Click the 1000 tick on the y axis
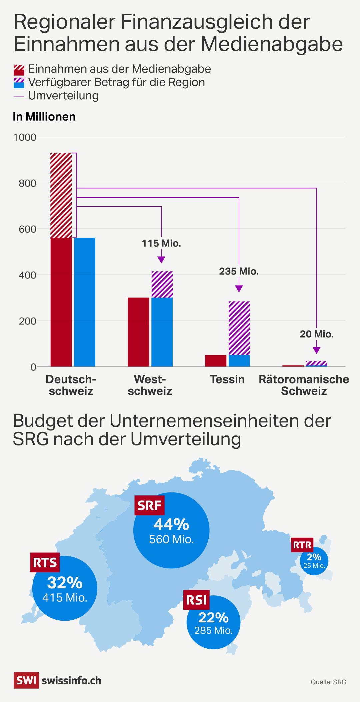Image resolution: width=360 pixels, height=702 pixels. (25, 137)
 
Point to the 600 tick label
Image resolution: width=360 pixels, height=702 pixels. (27, 229)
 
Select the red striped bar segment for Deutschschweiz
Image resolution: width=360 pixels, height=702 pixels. (61, 195)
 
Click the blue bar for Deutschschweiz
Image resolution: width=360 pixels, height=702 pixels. (85, 302)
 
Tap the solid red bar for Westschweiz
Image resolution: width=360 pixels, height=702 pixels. (138, 332)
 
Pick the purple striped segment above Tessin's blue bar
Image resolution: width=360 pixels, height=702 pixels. (239, 328)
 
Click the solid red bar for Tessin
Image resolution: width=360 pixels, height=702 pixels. (216, 361)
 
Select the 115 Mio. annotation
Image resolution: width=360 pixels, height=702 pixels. (161, 244)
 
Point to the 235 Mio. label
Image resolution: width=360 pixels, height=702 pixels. (239, 272)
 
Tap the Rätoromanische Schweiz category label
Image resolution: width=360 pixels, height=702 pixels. (304, 385)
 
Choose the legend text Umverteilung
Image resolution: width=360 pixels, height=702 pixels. (63, 96)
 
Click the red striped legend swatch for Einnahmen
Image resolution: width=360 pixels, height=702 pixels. (19, 70)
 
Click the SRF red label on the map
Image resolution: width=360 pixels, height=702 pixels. (149, 505)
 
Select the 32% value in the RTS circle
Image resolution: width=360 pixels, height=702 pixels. (65, 583)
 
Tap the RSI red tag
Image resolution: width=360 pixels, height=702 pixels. (196, 600)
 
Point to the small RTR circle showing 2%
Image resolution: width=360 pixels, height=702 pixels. (314, 561)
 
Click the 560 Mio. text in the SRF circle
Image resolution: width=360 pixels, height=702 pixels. (171, 539)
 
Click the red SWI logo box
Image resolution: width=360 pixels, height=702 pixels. (26, 680)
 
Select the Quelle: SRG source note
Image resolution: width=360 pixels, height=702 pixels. (328, 682)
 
